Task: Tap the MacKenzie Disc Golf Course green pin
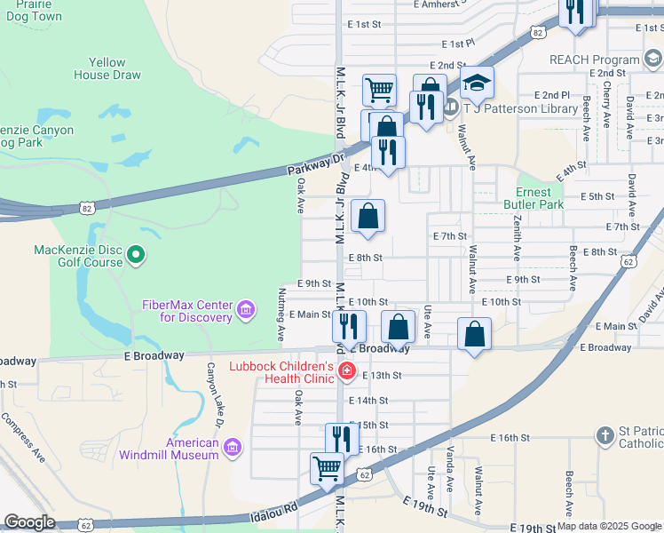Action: (x=135, y=257)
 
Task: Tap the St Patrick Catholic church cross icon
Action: (x=605, y=436)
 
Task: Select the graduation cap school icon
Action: (x=477, y=84)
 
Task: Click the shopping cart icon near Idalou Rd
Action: (x=328, y=468)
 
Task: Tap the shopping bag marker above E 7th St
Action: (x=368, y=216)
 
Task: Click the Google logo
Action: (x=29, y=522)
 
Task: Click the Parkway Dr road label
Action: (x=314, y=166)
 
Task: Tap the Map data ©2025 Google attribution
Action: (x=610, y=526)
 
